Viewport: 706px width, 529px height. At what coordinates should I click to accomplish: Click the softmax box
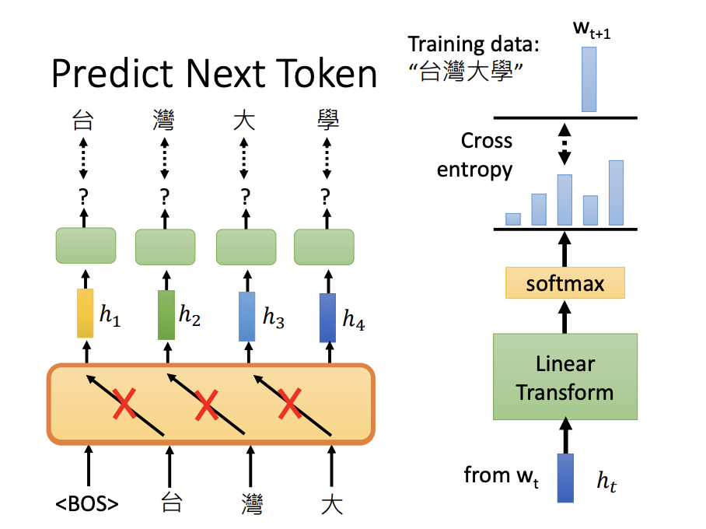(x=565, y=283)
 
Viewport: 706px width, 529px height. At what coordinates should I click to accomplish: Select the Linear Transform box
(x=565, y=377)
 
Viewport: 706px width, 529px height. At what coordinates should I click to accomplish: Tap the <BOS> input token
(x=87, y=504)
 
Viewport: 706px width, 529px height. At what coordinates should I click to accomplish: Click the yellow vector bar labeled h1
(x=85, y=314)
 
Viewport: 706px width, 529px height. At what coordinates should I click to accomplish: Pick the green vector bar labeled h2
(x=166, y=315)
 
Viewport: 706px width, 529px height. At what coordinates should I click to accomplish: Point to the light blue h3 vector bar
(x=246, y=317)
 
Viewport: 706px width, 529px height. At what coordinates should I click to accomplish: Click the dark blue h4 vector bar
(x=328, y=318)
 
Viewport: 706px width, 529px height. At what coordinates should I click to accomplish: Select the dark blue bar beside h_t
(x=565, y=478)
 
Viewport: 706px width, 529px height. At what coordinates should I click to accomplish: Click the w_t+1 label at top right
(x=592, y=30)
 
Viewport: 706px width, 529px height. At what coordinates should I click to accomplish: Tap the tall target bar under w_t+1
(x=589, y=79)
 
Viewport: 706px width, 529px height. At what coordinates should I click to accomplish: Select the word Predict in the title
(x=112, y=73)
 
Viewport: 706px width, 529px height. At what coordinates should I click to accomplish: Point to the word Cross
(x=487, y=141)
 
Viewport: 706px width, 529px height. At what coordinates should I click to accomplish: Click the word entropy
(x=474, y=170)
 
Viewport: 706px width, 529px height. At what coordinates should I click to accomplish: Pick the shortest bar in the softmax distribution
(x=513, y=219)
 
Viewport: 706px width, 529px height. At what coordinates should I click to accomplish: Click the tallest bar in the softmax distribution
(x=617, y=193)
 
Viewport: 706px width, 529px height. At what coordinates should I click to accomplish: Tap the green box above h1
(x=86, y=246)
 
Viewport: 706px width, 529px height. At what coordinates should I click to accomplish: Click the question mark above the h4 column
(x=325, y=197)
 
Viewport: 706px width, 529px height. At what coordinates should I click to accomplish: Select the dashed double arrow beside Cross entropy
(x=564, y=144)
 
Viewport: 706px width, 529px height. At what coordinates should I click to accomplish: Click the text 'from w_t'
(x=502, y=477)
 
